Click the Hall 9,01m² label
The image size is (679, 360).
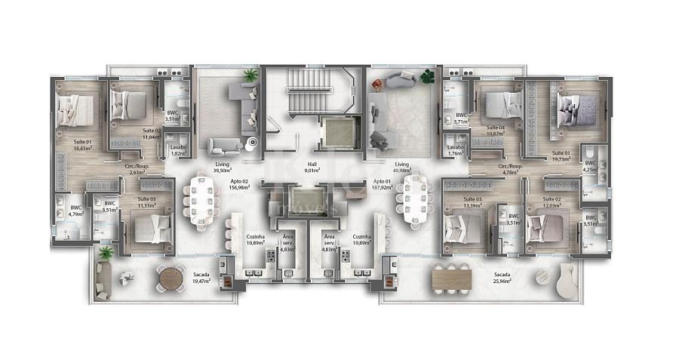click(x=311, y=168)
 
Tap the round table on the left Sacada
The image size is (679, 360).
click(x=171, y=278)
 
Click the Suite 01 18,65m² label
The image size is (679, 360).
click(x=82, y=146)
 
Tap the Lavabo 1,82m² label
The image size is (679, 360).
click(x=179, y=150)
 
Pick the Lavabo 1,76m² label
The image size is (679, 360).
click(x=455, y=150)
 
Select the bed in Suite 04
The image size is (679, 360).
click(x=494, y=105)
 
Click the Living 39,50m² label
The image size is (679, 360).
click(x=221, y=168)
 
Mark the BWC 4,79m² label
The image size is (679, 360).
click(x=75, y=211)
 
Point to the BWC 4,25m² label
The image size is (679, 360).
click(x=591, y=166)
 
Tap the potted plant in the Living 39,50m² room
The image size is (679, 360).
click(x=250, y=75)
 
